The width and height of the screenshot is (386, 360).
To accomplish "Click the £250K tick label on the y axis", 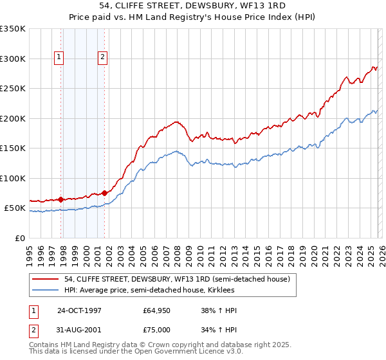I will pos(13,88).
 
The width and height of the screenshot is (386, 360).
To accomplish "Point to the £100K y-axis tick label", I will pos(13,178).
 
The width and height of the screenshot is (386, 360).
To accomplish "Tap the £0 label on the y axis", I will pos(21,238).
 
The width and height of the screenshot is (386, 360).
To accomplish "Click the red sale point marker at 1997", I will pos(61,199).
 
